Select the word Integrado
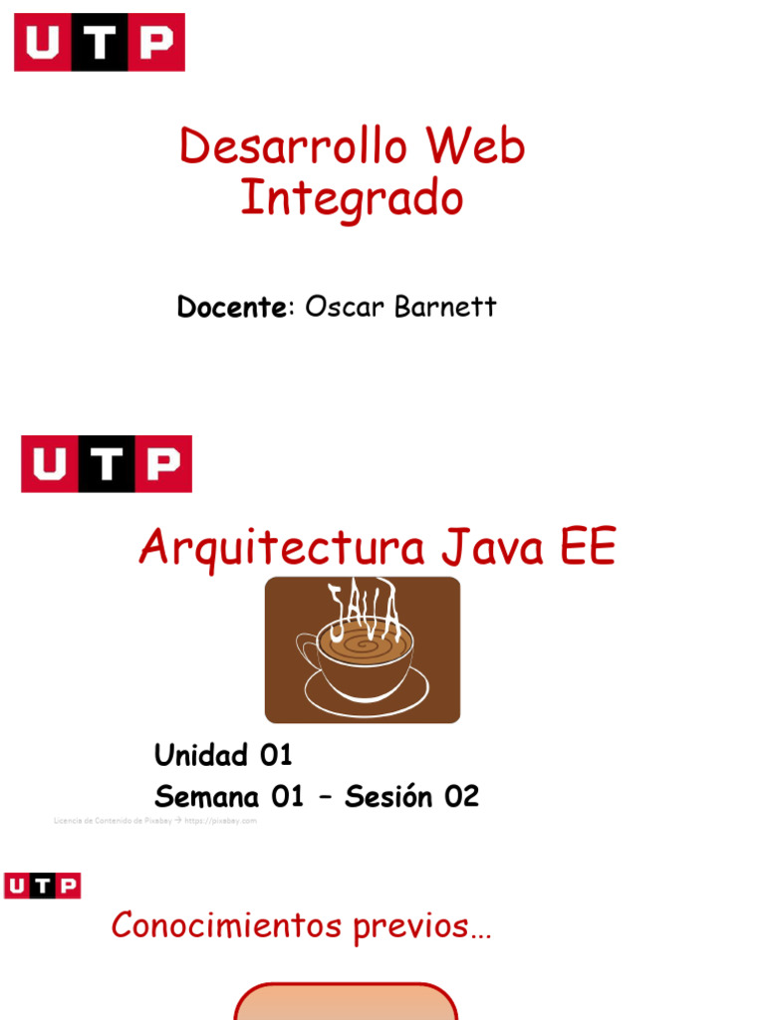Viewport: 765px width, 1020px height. [352, 199]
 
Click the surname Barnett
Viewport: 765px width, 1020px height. [445, 307]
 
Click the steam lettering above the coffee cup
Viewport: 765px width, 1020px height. [365, 608]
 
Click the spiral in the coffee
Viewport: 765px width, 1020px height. [364, 644]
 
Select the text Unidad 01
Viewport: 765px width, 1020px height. [223, 755]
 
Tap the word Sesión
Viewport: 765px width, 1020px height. [390, 797]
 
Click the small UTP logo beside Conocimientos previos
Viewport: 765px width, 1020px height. [42, 886]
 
